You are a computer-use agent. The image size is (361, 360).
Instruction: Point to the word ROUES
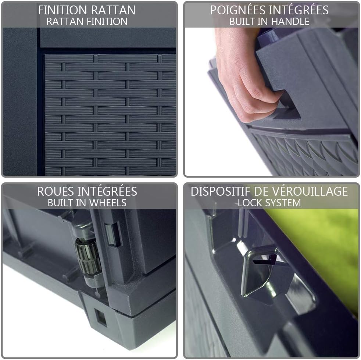click(55, 192)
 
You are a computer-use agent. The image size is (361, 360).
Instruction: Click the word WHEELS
click(107, 203)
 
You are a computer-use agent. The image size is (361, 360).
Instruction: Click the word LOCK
click(250, 203)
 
